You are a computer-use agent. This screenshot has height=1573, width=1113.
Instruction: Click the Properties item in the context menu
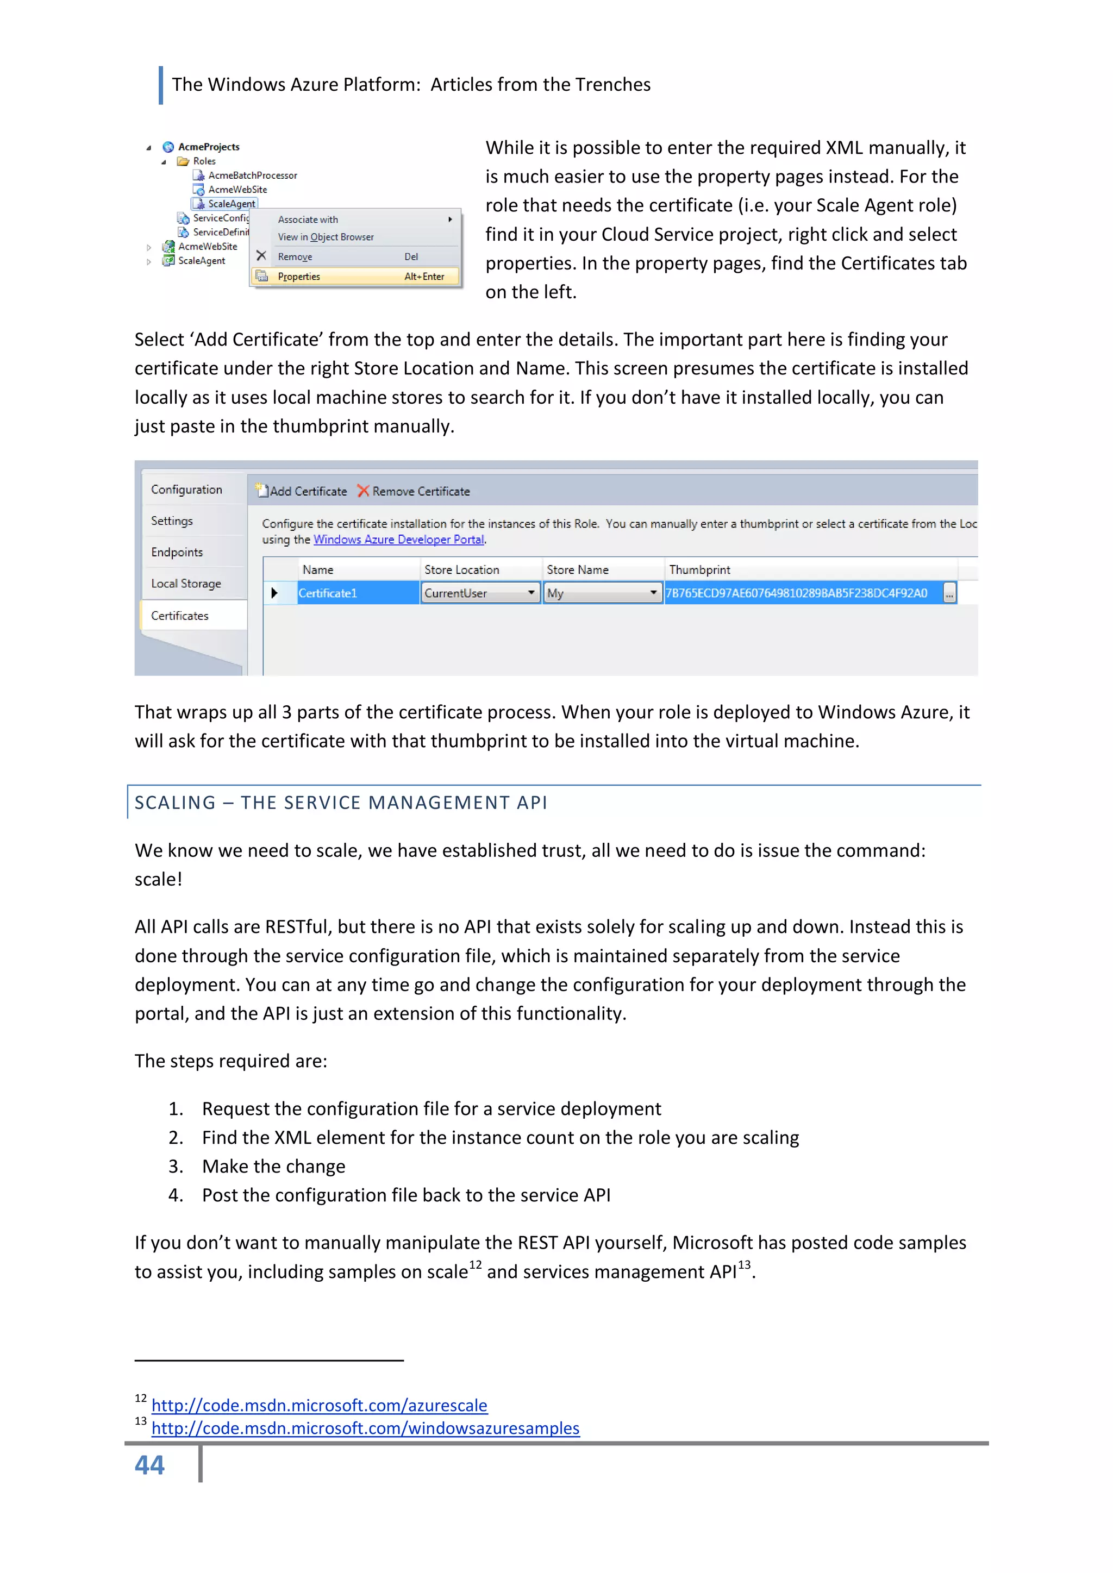299,277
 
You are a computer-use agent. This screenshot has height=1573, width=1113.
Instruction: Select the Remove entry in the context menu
295,257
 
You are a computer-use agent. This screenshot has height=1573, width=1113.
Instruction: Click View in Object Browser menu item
326,237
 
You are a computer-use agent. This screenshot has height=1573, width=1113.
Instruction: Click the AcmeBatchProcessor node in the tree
252,176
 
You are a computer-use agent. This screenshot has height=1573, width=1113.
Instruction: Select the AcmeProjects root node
208,147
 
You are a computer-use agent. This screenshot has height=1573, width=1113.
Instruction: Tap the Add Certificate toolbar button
302,491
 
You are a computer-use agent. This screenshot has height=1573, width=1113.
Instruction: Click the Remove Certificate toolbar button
414,491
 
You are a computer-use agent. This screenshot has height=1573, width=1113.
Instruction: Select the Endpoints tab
177,552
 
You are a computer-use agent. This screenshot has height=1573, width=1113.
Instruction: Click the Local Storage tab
186,584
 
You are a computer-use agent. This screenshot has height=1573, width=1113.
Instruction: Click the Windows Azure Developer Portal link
398,540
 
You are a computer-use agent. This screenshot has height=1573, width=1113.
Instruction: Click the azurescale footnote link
320,1405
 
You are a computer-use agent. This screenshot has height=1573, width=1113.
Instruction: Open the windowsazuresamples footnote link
365,1428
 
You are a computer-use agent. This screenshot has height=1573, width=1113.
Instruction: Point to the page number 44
149,1465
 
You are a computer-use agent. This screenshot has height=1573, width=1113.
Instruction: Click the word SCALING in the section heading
176,803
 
